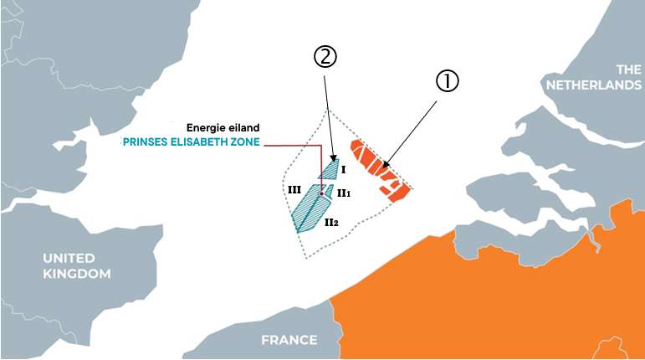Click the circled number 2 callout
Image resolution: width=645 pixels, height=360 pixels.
pyautogui.click(x=325, y=57)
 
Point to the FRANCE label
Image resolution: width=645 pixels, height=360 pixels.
pyautogui.click(x=289, y=340)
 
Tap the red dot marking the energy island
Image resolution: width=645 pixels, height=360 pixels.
pyautogui.click(x=321, y=193)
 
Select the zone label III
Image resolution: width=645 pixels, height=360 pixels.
pyautogui.click(x=293, y=191)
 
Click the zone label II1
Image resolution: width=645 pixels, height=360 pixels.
pyautogui.click(x=343, y=193)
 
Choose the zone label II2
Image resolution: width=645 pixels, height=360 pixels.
pyautogui.click(x=332, y=222)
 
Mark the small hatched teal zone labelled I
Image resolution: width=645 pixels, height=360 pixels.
pyautogui.click(x=329, y=169)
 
